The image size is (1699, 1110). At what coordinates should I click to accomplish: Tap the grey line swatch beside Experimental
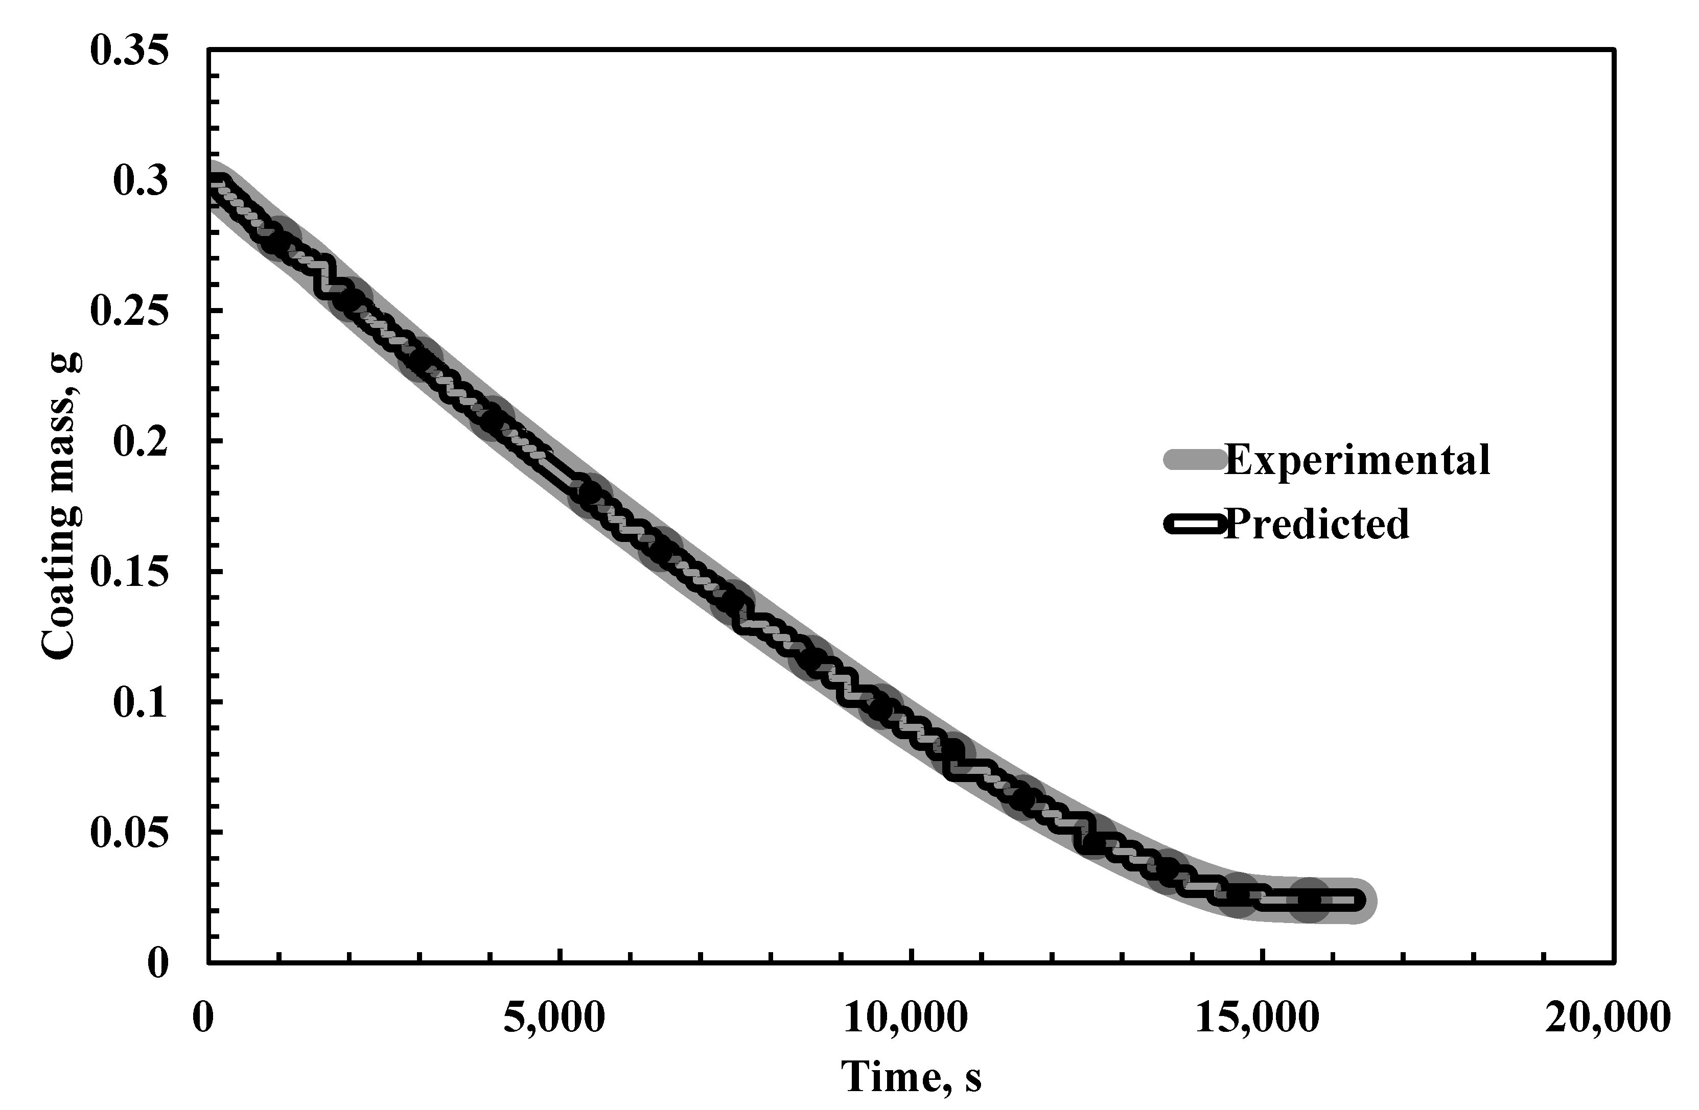pos(1194,460)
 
